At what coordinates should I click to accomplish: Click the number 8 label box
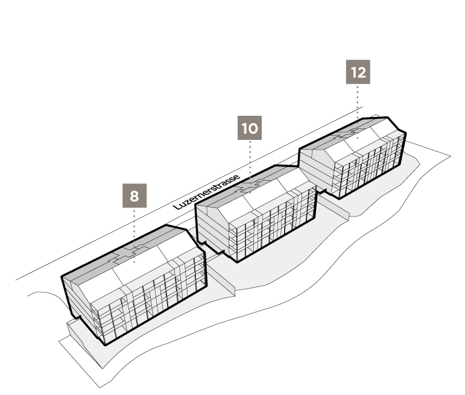click(x=134, y=196)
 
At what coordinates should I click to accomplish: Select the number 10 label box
click(x=250, y=128)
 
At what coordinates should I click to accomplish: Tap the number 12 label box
click(x=358, y=72)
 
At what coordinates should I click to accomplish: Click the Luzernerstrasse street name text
click(x=206, y=192)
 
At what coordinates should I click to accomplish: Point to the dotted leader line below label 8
click(x=134, y=236)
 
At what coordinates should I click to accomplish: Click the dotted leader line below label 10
click(x=250, y=166)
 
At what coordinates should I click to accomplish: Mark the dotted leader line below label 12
click(x=358, y=112)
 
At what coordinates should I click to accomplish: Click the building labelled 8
click(x=133, y=285)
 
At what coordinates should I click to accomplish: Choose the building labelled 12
click(x=353, y=157)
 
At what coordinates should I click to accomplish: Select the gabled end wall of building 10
click(x=212, y=229)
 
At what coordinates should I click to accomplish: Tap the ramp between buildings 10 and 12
click(x=334, y=205)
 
